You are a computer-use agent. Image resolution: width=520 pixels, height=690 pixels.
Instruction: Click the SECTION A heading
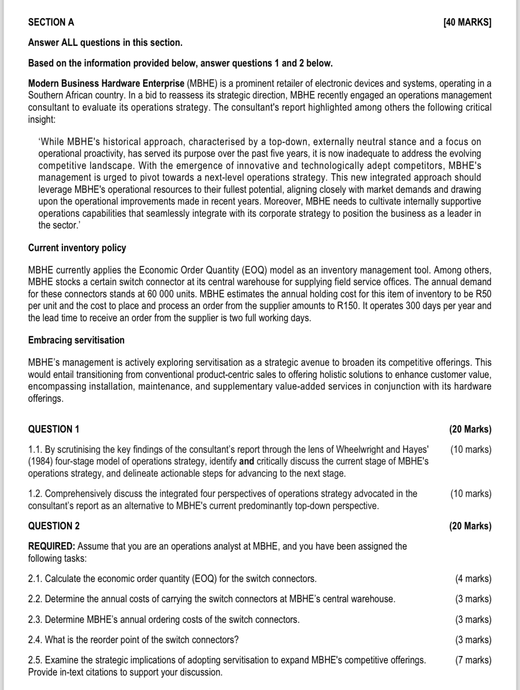pyautogui.click(x=51, y=22)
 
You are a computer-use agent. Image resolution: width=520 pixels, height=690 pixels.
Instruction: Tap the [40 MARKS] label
pyautogui.click(x=467, y=22)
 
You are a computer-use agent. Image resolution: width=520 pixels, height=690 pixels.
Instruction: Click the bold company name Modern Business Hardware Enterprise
pyautogui.click(x=106, y=83)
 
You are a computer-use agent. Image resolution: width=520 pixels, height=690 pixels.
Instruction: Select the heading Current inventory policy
pyautogui.click(x=77, y=248)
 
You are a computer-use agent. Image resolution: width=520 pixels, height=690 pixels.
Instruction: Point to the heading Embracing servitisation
pyautogui.click(x=76, y=340)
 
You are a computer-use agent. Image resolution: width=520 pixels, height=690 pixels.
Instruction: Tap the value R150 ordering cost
pyautogui.click(x=347, y=306)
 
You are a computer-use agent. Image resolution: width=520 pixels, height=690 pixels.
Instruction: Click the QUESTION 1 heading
pyautogui.click(x=53, y=429)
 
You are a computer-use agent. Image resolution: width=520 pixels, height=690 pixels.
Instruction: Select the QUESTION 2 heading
pyautogui.click(x=53, y=526)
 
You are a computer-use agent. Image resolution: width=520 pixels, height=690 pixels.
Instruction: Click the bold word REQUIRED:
pyautogui.click(x=51, y=546)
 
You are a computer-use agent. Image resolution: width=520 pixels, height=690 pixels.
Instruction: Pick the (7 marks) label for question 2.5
pyautogui.click(x=473, y=660)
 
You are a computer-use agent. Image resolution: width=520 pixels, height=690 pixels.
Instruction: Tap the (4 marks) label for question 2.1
pyautogui.click(x=473, y=579)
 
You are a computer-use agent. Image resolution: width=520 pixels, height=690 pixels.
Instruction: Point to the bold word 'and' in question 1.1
pyautogui.click(x=247, y=462)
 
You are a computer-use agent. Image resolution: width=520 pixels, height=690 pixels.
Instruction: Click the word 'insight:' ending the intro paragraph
pyautogui.click(x=41, y=119)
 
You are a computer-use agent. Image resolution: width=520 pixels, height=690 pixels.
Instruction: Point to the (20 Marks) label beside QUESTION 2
pyautogui.click(x=470, y=526)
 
